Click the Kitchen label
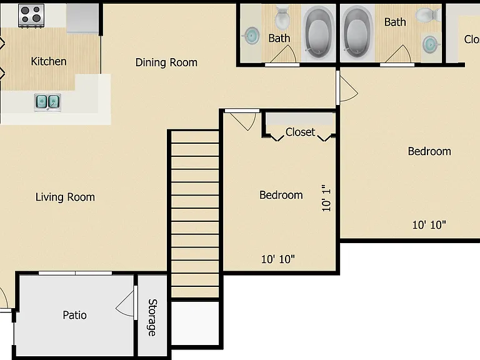point(49,61)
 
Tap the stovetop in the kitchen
point(31,16)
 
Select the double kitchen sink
point(47,102)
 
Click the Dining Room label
point(166,62)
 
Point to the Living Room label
point(65,197)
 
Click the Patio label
point(75,315)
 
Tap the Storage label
point(152,317)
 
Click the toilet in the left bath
point(282,17)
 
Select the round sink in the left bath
point(252,35)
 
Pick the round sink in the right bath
point(431,44)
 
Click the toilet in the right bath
point(428,14)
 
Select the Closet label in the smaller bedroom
point(300,132)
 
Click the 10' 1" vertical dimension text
point(326,198)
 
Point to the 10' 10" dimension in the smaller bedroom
point(277,259)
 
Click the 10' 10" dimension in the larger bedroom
point(429,225)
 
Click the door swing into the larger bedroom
point(349,89)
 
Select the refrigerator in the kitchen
point(82,17)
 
